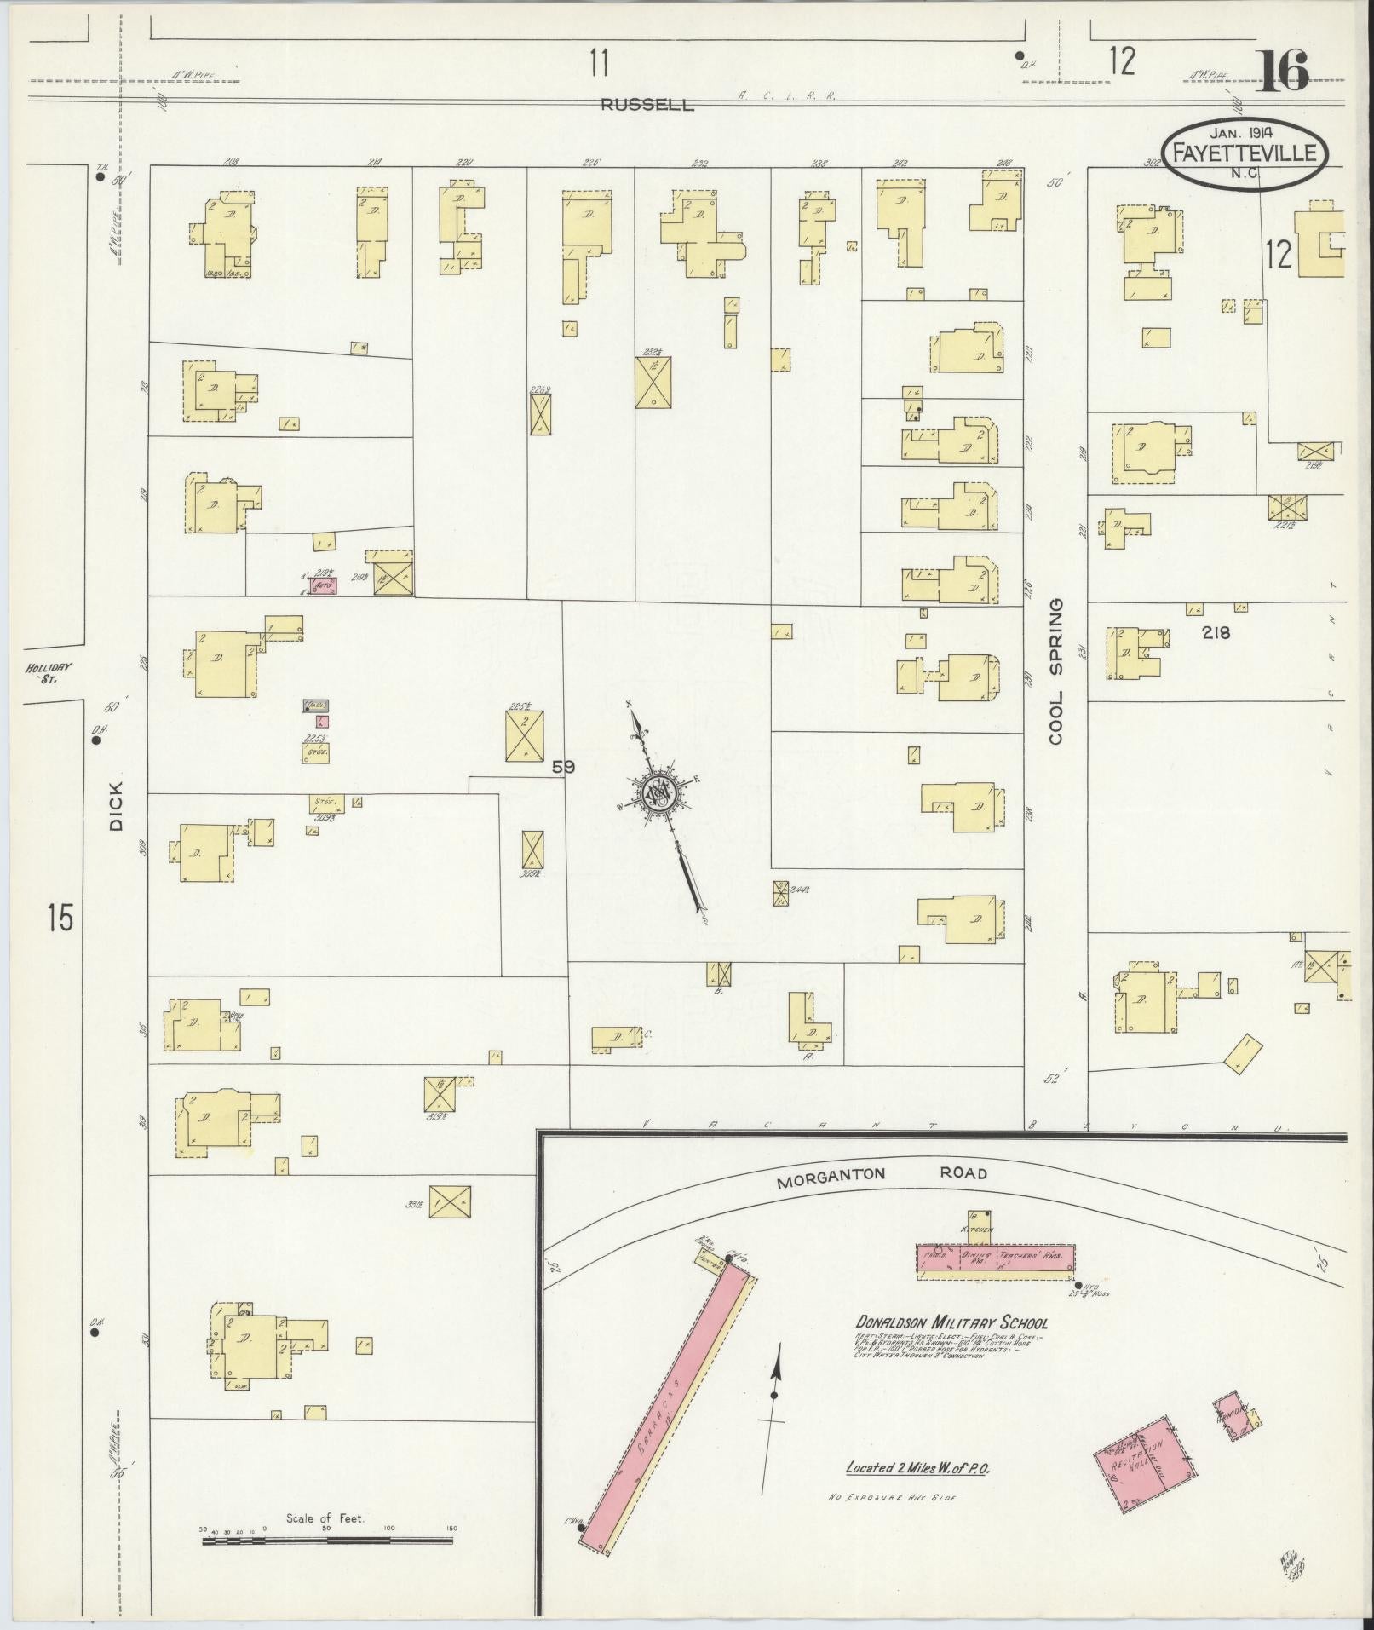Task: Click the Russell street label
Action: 647,106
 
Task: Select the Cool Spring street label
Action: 1056,671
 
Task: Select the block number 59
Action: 563,767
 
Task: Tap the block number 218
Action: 1216,632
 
